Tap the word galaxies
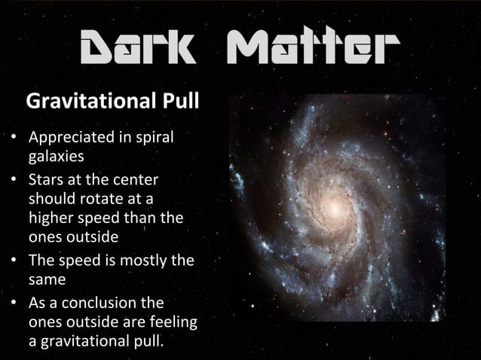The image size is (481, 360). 56,158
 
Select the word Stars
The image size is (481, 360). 47,182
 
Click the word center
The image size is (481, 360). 136,182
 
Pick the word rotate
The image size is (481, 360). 111,200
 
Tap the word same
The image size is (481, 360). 46,279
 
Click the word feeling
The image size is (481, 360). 173,322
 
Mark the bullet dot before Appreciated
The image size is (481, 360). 14,139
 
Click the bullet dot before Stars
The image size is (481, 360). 14,182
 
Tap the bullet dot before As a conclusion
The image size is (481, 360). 14,303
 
